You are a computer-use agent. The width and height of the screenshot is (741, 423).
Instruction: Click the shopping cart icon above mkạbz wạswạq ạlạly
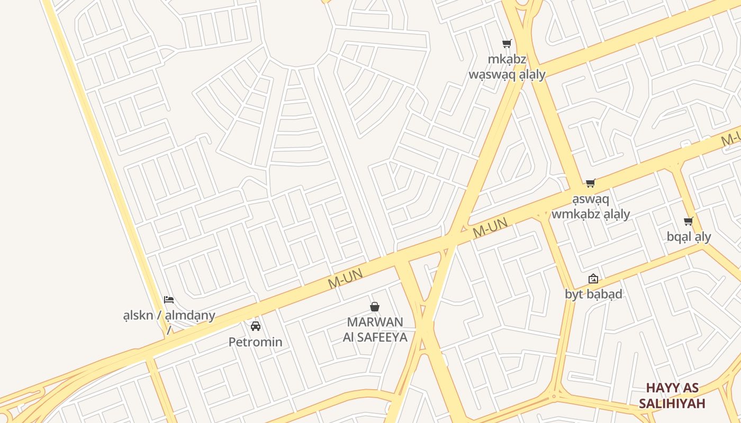point(507,43)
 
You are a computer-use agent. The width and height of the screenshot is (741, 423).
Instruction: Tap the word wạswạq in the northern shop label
point(492,74)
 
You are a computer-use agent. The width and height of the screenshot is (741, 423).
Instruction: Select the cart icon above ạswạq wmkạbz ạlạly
point(590,183)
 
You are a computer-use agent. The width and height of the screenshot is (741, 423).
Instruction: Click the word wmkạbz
point(577,214)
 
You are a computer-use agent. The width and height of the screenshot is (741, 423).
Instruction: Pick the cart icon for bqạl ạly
point(688,221)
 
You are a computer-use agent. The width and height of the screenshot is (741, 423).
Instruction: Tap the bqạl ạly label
point(689,236)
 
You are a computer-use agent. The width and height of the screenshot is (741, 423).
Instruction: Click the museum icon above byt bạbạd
point(593,279)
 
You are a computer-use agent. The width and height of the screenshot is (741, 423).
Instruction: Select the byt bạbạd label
point(593,294)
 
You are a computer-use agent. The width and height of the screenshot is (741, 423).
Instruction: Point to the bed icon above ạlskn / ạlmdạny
point(169,300)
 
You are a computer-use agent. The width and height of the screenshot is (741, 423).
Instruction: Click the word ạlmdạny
point(190,316)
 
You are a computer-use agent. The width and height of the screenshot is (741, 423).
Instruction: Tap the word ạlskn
point(138,316)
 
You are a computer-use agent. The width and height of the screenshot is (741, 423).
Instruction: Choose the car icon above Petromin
point(256,326)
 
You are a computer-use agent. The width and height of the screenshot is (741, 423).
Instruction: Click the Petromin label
point(255,342)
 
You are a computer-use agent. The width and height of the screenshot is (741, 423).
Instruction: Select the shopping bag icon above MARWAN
point(375,307)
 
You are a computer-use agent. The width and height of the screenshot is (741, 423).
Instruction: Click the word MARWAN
point(375,322)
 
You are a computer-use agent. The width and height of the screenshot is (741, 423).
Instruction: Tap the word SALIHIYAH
point(672,403)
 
